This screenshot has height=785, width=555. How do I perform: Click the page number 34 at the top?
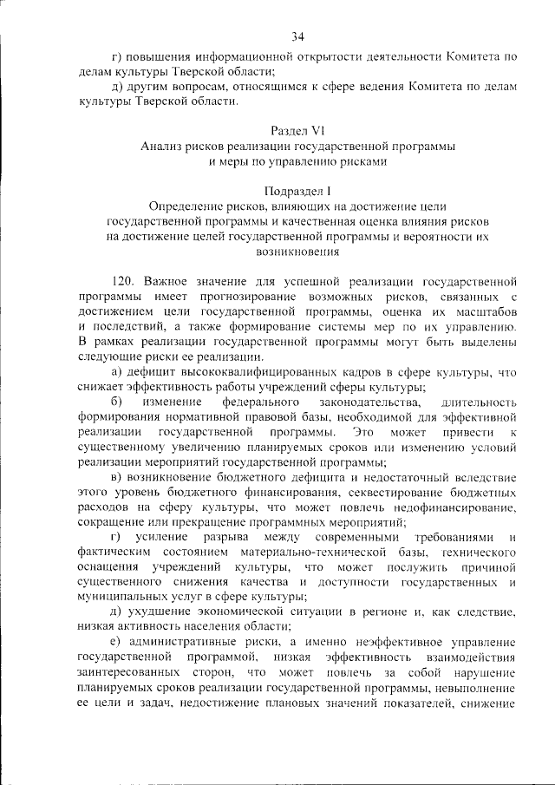(297, 36)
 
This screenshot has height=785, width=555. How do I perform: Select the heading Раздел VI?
(297, 129)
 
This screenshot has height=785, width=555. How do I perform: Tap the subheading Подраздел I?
(297, 190)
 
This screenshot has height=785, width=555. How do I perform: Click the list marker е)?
(118, 643)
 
